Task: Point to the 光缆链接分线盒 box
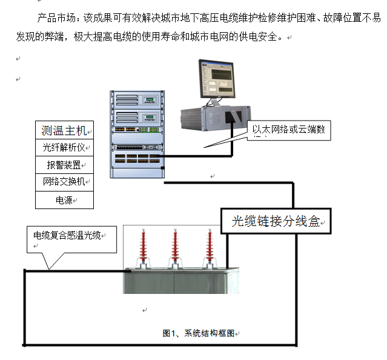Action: click(276, 221)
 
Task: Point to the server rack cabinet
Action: click(137, 134)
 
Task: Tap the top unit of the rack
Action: click(137, 100)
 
